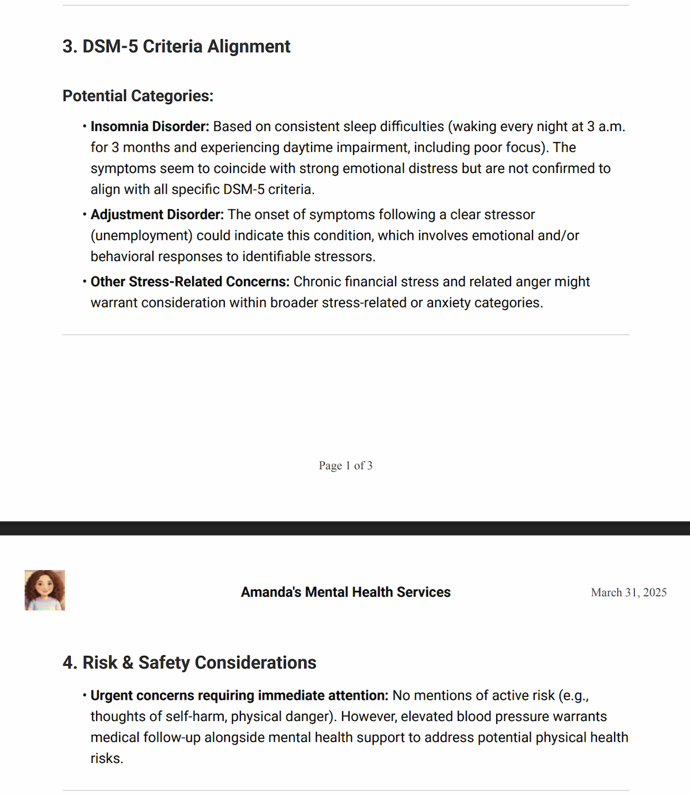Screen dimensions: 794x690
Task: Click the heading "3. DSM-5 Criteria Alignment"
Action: (176, 47)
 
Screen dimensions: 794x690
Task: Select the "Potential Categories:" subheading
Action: (137, 96)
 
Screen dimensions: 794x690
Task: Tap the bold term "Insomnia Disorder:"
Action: (149, 126)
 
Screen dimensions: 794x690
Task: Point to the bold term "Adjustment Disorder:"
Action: (157, 214)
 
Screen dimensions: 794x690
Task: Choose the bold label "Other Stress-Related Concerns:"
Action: (190, 282)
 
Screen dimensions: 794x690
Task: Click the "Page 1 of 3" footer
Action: (346, 466)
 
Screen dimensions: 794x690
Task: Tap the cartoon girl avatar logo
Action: (45, 590)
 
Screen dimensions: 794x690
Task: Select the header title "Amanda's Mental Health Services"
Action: (346, 592)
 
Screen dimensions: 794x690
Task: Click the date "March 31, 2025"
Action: (628, 593)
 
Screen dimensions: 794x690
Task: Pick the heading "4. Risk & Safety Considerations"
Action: (189, 663)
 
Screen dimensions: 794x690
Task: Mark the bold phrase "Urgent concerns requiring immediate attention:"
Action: (239, 696)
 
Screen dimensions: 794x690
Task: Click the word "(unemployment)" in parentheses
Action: (141, 236)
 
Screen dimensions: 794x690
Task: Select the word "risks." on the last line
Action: (107, 759)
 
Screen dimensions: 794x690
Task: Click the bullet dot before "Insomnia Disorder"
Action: (85, 126)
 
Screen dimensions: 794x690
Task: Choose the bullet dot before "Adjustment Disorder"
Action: (85, 214)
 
